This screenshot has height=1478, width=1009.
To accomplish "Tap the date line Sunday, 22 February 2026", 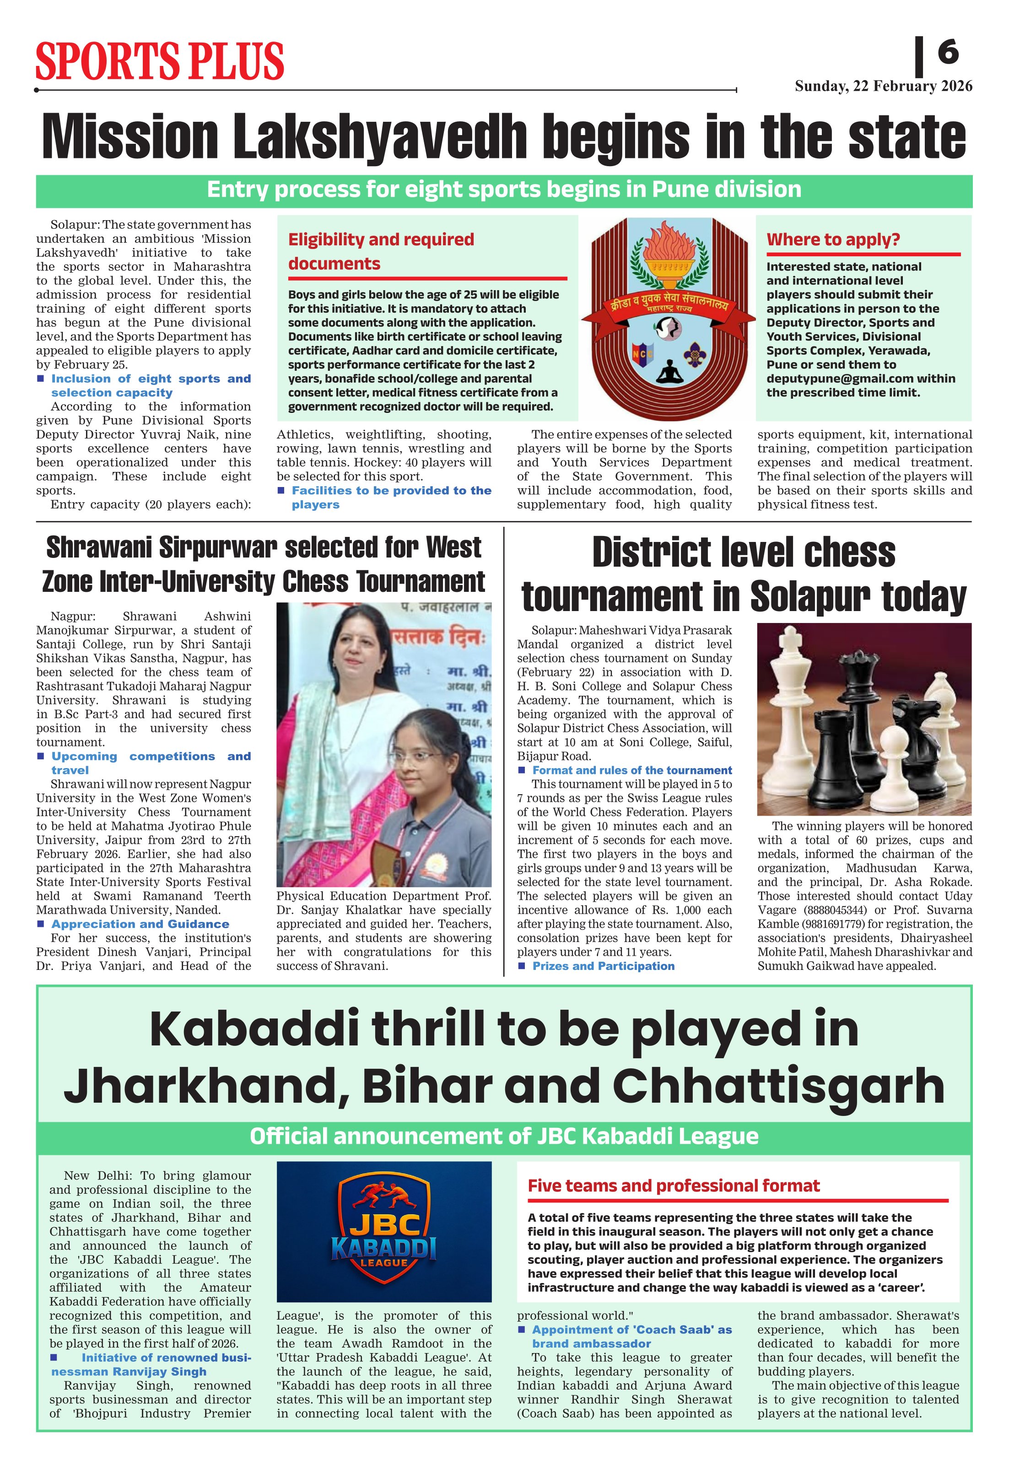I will coord(883,87).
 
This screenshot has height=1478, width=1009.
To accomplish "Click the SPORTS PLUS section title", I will coord(160,61).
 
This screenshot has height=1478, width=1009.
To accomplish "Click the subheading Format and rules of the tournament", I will coord(632,770).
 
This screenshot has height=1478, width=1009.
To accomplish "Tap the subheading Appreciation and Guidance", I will coord(140,924).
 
